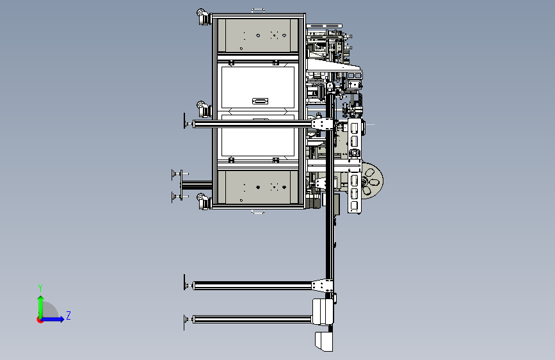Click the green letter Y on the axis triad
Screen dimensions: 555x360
point(40,288)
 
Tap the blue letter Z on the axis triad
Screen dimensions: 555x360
point(68,315)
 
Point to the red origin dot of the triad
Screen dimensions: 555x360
point(40,320)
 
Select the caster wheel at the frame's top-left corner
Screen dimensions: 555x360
point(203,17)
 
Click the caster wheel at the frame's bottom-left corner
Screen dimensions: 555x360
point(203,201)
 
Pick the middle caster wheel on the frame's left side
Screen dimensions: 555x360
point(203,109)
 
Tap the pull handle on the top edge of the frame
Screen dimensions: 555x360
point(258,11)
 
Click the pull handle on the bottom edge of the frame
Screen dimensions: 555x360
point(258,211)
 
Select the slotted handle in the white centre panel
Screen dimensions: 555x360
point(260,101)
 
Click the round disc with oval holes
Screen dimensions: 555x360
point(372,181)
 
